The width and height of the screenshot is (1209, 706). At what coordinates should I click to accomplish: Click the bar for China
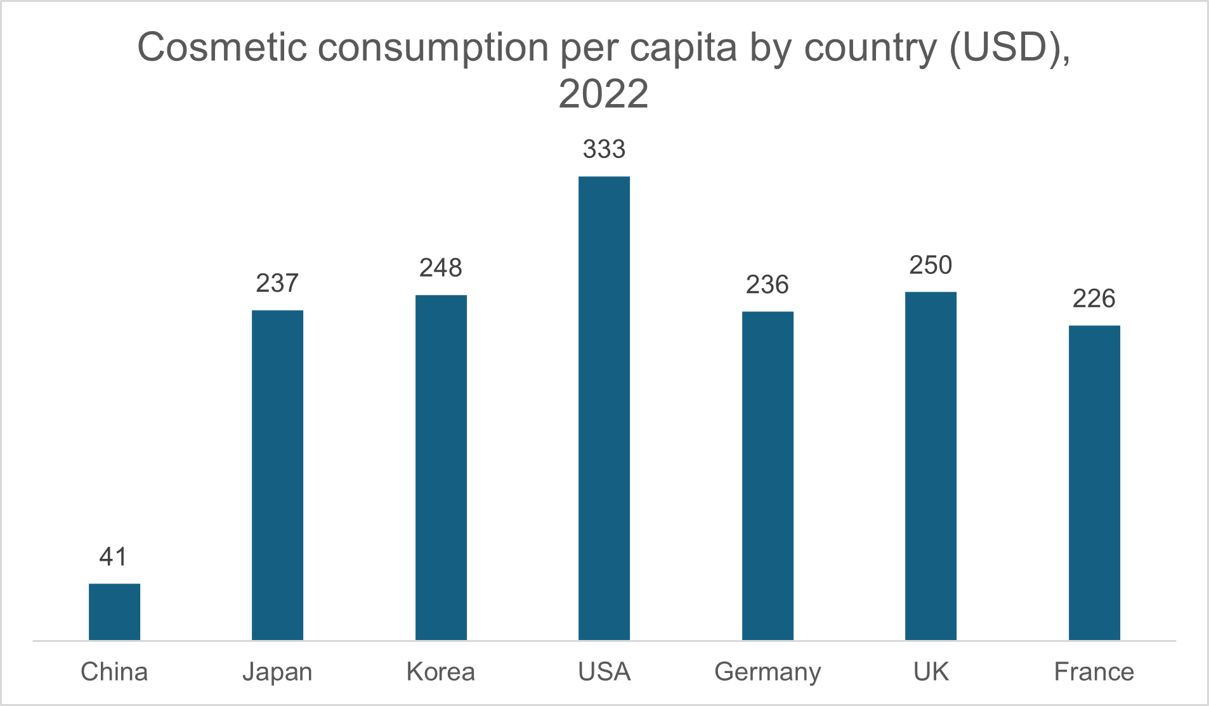pos(114,611)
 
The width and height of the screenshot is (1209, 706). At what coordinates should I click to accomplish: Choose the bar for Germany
pos(768,475)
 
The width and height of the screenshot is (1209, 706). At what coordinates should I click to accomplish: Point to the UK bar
pos(931,466)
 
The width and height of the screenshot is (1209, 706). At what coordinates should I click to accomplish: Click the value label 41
pos(114,557)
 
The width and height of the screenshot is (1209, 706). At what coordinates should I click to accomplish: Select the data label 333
pos(604,149)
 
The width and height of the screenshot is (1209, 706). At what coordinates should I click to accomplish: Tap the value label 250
pos(931,265)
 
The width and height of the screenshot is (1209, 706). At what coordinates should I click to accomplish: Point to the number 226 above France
pos(1094,299)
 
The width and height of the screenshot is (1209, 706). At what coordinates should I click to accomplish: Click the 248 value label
pos(441,268)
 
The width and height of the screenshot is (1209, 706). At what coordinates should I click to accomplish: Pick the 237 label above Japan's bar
pos(277,283)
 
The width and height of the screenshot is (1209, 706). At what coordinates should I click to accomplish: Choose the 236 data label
pos(768,285)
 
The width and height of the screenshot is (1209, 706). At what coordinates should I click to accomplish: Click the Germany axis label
pos(768,672)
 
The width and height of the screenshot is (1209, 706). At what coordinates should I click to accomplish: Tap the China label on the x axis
pos(114,672)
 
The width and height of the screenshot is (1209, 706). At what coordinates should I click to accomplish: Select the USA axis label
pos(604,672)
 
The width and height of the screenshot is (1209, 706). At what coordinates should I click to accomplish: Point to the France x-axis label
pos(1094,672)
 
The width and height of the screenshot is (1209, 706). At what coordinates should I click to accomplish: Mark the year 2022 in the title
pos(603,94)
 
